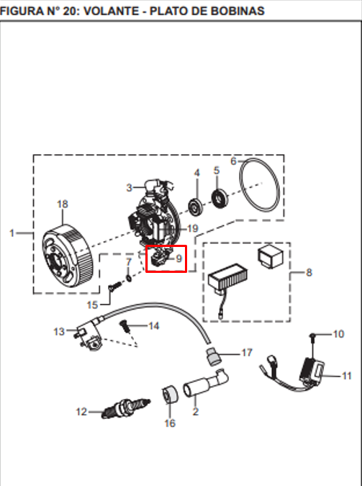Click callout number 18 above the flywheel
click(x=63, y=204)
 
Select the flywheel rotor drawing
click(x=68, y=256)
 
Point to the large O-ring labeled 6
click(x=259, y=185)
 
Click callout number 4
click(x=196, y=173)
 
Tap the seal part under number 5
click(x=220, y=198)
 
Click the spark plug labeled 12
click(x=125, y=408)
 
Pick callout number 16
click(x=170, y=423)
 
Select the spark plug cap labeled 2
click(x=206, y=383)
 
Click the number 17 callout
click(x=247, y=353)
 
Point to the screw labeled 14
click(x=125, y=326)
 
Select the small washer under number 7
click(x=129, y=278)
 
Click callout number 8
click(x=309, y=272)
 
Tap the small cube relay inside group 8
click(x=271, y=256)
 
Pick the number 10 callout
click(x=338, y=334)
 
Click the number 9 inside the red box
click(x=178, y=258)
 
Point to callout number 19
click(x=192, y=228)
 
